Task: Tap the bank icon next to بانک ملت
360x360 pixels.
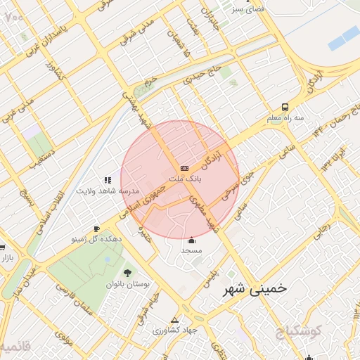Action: pyautogui.click(x=184, y=168)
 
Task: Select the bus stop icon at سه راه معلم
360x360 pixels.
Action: pyautogui.click(x=285, y=108)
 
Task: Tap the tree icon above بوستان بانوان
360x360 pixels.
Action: pyautogui.click(x=127, y=273)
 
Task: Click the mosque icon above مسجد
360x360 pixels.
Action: pyautogui.click(x=191, y=240)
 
